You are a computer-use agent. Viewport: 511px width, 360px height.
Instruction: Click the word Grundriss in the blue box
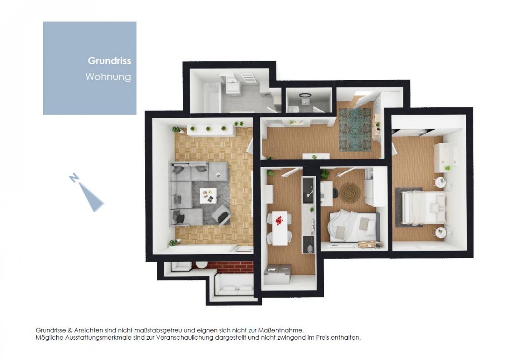(109, 61)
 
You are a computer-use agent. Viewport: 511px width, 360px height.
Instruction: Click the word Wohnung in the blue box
(108, 77)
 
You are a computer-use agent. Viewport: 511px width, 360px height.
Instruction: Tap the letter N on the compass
(74, 178)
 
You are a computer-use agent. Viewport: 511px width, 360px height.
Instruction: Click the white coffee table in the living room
(208, 196)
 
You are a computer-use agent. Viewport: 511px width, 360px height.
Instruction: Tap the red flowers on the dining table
(279, 220)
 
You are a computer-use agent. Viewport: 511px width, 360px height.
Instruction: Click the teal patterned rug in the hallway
(355, 130)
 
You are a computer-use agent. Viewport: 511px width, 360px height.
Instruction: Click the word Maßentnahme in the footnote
(281, 330)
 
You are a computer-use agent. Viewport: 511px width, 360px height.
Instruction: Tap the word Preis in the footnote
(322, 338)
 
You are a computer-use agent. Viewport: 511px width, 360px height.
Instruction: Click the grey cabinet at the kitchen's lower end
(277, 274)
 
